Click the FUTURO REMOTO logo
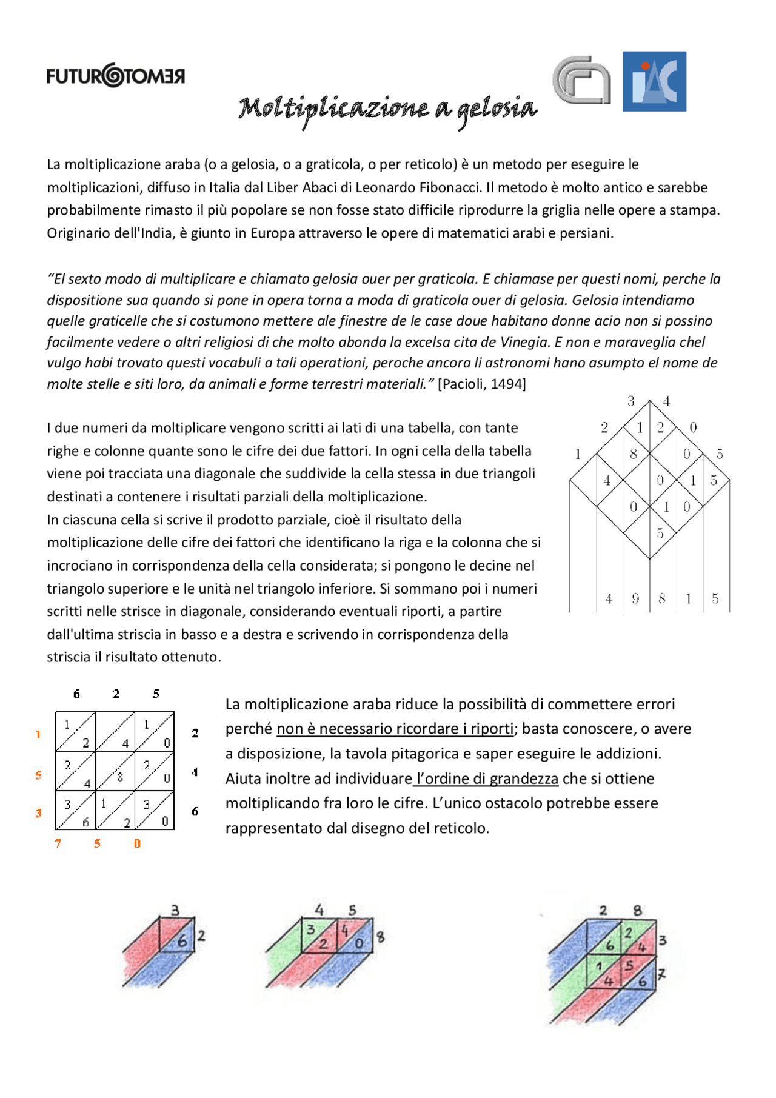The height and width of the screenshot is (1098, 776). click(115, 75)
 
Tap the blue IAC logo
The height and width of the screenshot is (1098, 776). click(654, 81)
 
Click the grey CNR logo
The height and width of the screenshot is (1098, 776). click(581, 80)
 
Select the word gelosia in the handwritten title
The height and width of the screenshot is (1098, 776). click(497, 110)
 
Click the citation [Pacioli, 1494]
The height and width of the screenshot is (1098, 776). click(481, 384)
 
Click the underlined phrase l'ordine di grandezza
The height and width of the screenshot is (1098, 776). click(486, 778)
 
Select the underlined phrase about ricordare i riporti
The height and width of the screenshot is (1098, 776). click(395, 729)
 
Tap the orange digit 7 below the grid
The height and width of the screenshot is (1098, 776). click(58, 843)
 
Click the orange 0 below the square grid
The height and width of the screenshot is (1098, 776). click(137, 843)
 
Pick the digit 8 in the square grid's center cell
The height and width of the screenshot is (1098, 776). click(120, 777)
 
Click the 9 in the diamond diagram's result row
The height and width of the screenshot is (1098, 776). click(635, 599)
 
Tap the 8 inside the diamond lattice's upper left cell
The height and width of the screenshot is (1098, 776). click(633, 454)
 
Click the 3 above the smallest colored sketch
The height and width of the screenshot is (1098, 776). click(175, 910)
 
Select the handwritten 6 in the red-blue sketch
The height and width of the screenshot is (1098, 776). click(182, 942)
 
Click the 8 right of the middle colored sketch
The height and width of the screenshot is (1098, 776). click(380, 937)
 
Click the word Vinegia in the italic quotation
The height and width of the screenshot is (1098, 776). click(524, 342)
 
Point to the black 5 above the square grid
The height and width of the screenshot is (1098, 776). click(156, 694)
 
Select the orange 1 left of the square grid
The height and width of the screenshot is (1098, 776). click(38, 734)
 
